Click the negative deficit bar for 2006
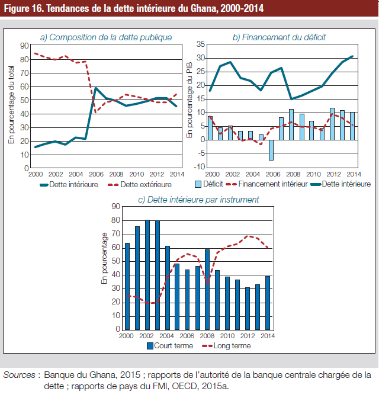pyautogui.click(x=271, y=150)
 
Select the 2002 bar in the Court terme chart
pyautogui.click(x=147, y=275)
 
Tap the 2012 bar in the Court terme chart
pyautogui.click(x=248, y=309)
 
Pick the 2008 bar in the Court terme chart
pyautogui.click(x=207, y=290)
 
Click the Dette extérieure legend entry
pyautogui.click(x=140, y=185)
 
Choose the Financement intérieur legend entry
pyautogui.click(x=267, y=184)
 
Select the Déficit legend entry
pyautogui.click(x=209, y=184)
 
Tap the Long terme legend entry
pyautogui.click(x=226, y=346)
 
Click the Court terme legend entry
pyautogui.click(x=170, y=346)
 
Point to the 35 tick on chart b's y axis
pyautogui.click(x=201, y=44)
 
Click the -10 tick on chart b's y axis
pyautogui.click(x=200, y=167)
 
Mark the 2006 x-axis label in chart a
pyautogui.click(x=96, y=174)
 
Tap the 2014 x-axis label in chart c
pyautogui.click(x=268, y=336)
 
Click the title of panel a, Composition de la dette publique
pyautogui.click(x=106, y=37)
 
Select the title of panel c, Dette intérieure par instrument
pyautogui.click(x=198, y=200)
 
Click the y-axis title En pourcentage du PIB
pyautogui.click(x=189, y=100)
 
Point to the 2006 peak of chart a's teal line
pyautogui.click(x=96, y=88)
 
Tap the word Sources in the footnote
pyautogui.click(x=19, y=375)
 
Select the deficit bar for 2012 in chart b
pyautogui.click(x=332, y=124)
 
